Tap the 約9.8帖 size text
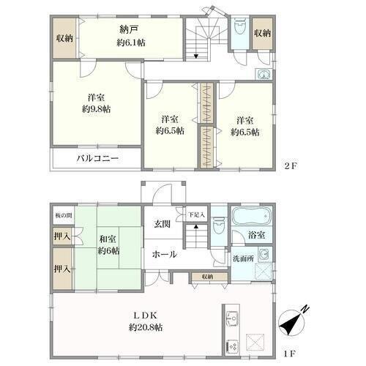point(97,109)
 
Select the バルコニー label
point(97,159)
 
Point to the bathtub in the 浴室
point(252,216)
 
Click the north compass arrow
point(291,323)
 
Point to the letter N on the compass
point(305,309)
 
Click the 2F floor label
point(291,166)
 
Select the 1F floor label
point(290,354)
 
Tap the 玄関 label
point(162,224)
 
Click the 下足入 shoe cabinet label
point(196,215)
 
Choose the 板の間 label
point(64,215)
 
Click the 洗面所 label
point(243,258)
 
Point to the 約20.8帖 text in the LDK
point(146,327)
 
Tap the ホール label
point(164,255)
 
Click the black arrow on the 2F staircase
point(196,56)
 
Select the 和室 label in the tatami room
point(108,239)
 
